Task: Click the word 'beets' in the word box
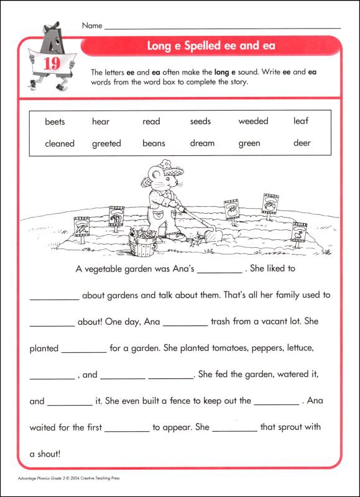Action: point(55,122)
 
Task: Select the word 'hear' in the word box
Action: point(101,122)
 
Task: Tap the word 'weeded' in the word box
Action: point(253,122)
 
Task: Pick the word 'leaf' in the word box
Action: point(301,121)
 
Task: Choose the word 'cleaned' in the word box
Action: point(60,144)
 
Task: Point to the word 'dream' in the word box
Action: point(202,144)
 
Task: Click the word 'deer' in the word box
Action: point(302,144)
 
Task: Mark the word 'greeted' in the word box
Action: point(106,144)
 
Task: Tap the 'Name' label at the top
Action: point(91,25)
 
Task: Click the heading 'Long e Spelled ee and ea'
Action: point(211,46)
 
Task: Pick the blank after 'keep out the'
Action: point(277,401)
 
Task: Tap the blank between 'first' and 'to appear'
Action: point(127,428)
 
